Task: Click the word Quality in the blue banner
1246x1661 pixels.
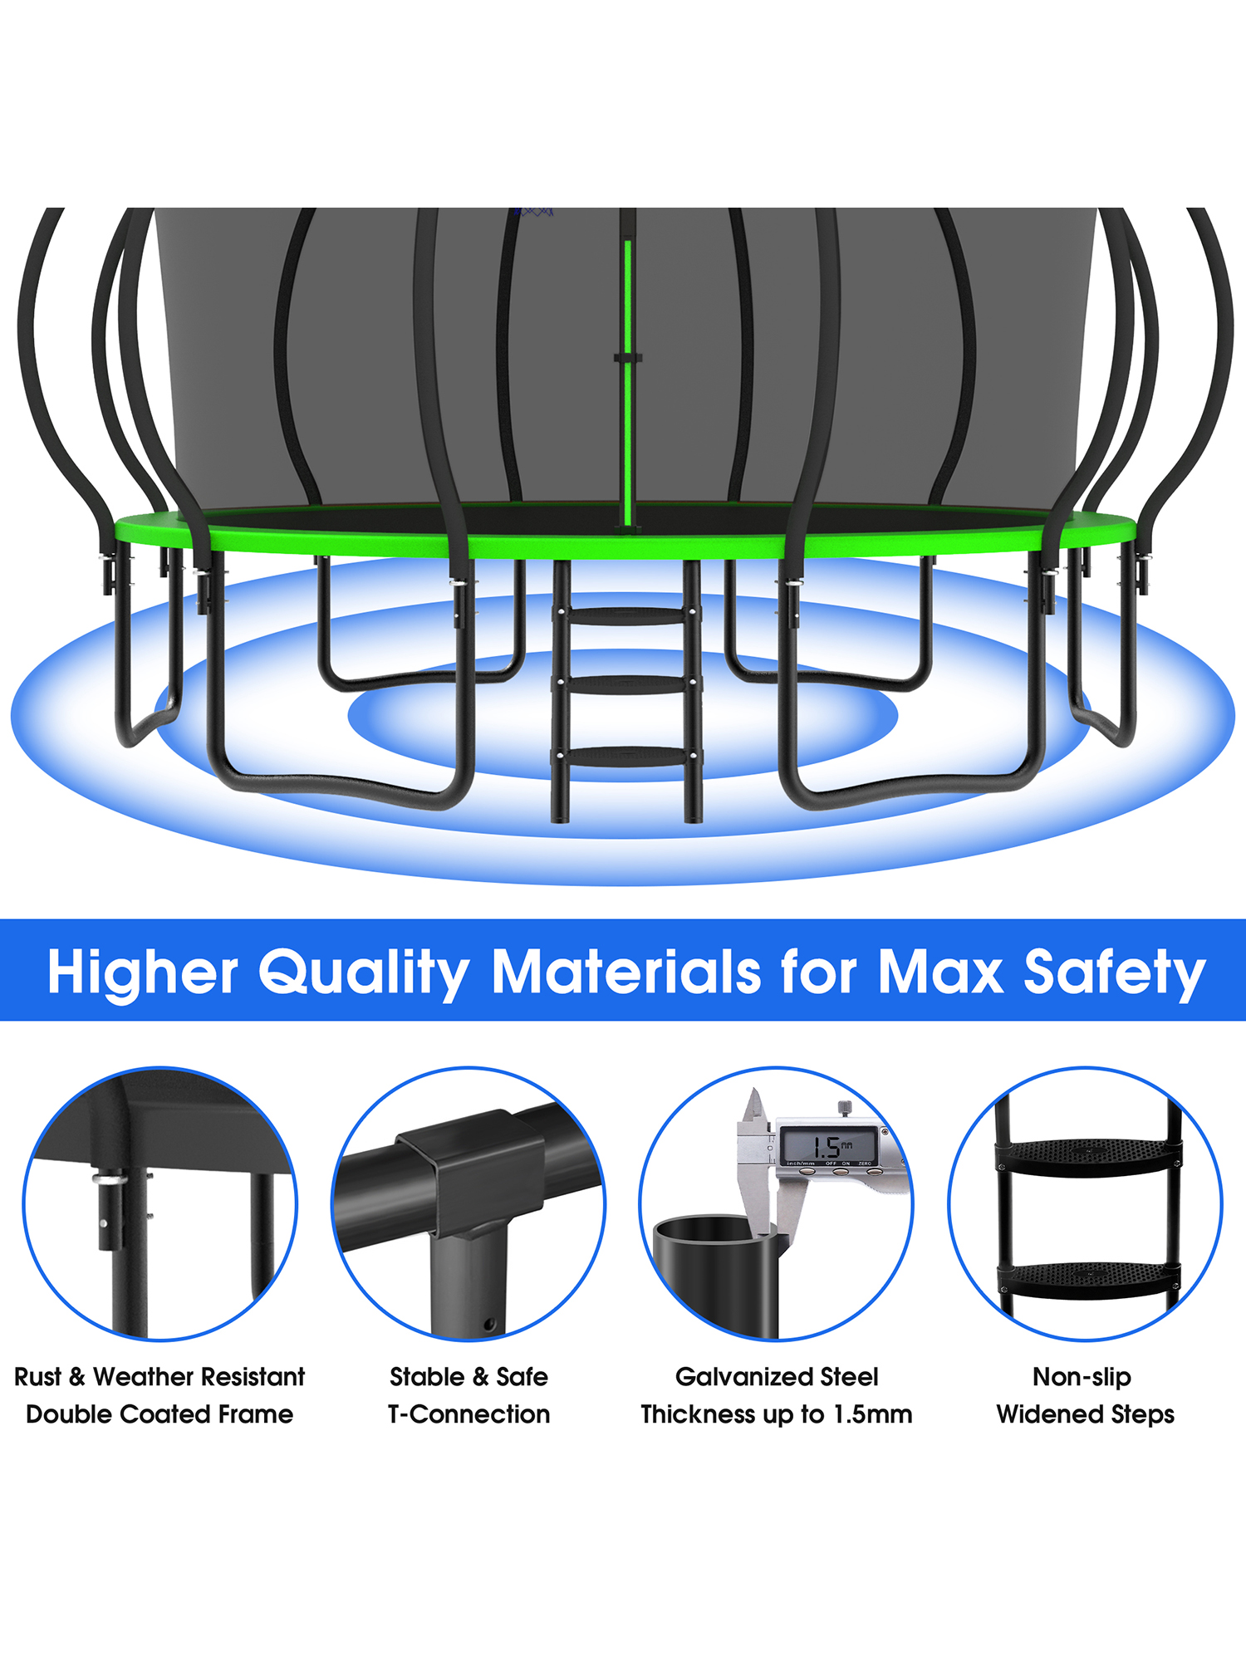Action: point(364,973)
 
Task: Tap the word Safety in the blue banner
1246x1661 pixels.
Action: point(1114,973)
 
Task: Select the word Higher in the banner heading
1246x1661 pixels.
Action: point(143,973)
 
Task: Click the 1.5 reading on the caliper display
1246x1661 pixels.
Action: point(827,1147)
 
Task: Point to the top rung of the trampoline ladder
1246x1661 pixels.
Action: point(626,616)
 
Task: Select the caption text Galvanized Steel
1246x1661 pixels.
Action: point(777,1377)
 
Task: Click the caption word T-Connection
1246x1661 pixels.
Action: point(468,1414)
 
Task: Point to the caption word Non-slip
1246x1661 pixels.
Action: point(1082,1377)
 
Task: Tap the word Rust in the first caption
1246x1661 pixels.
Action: point(38,1377)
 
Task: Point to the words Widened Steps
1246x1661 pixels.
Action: point(1086,1414)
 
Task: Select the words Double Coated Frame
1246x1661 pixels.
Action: point(159,1414)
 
